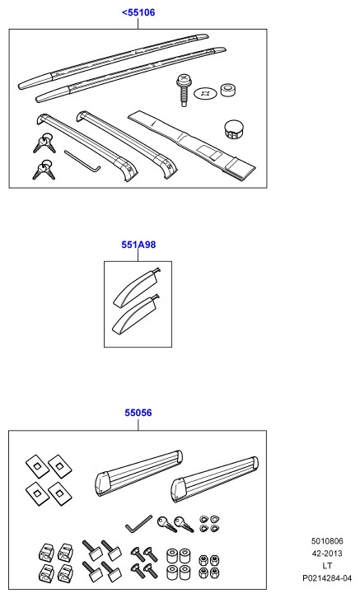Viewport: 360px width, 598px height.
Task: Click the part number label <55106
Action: (138, 12)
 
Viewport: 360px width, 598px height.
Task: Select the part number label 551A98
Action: (138, 245)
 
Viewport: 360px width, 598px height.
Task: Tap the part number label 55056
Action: (138, 413)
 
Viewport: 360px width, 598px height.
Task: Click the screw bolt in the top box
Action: (183, 90)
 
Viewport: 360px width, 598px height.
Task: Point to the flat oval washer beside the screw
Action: (205, 93)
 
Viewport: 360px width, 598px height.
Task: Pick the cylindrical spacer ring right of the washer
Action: (228, 90)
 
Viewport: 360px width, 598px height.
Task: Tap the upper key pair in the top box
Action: (44, 142)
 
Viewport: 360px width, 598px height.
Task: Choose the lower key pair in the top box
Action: (44, 170)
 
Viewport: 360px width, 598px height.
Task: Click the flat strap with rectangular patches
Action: (192, 145)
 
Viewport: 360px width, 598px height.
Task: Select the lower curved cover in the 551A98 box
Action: (136, 315)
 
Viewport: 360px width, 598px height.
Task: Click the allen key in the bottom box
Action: (139, 524)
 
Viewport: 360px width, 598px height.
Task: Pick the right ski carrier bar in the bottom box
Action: (214, 479)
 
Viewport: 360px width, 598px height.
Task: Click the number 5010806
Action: (327, 541)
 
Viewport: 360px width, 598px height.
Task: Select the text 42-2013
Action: (327, 554)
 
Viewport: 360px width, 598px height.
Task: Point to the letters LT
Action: (327, 566)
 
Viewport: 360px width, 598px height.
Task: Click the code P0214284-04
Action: (327, 578)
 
